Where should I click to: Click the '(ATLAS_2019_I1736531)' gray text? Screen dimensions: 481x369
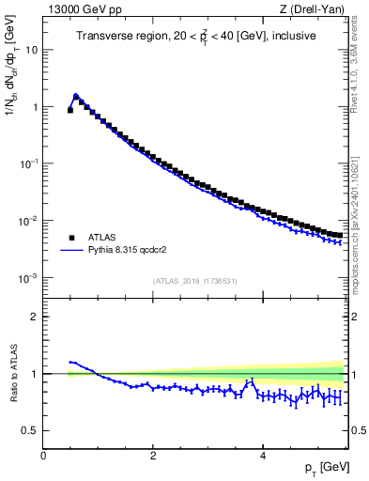[x=194, y=281]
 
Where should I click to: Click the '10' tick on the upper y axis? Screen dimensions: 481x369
[x=32, y=50]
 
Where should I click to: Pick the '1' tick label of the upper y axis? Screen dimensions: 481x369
[x=35, y=107]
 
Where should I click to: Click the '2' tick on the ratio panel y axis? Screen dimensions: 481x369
[x=35, y=317]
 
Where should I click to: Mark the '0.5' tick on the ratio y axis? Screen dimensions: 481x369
[x=31, y=430]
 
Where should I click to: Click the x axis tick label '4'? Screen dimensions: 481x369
[x=262, y=455]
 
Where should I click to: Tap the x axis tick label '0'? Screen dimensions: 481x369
[x=43, y=455]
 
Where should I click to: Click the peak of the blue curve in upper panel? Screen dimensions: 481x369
[x=76, y=95]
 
